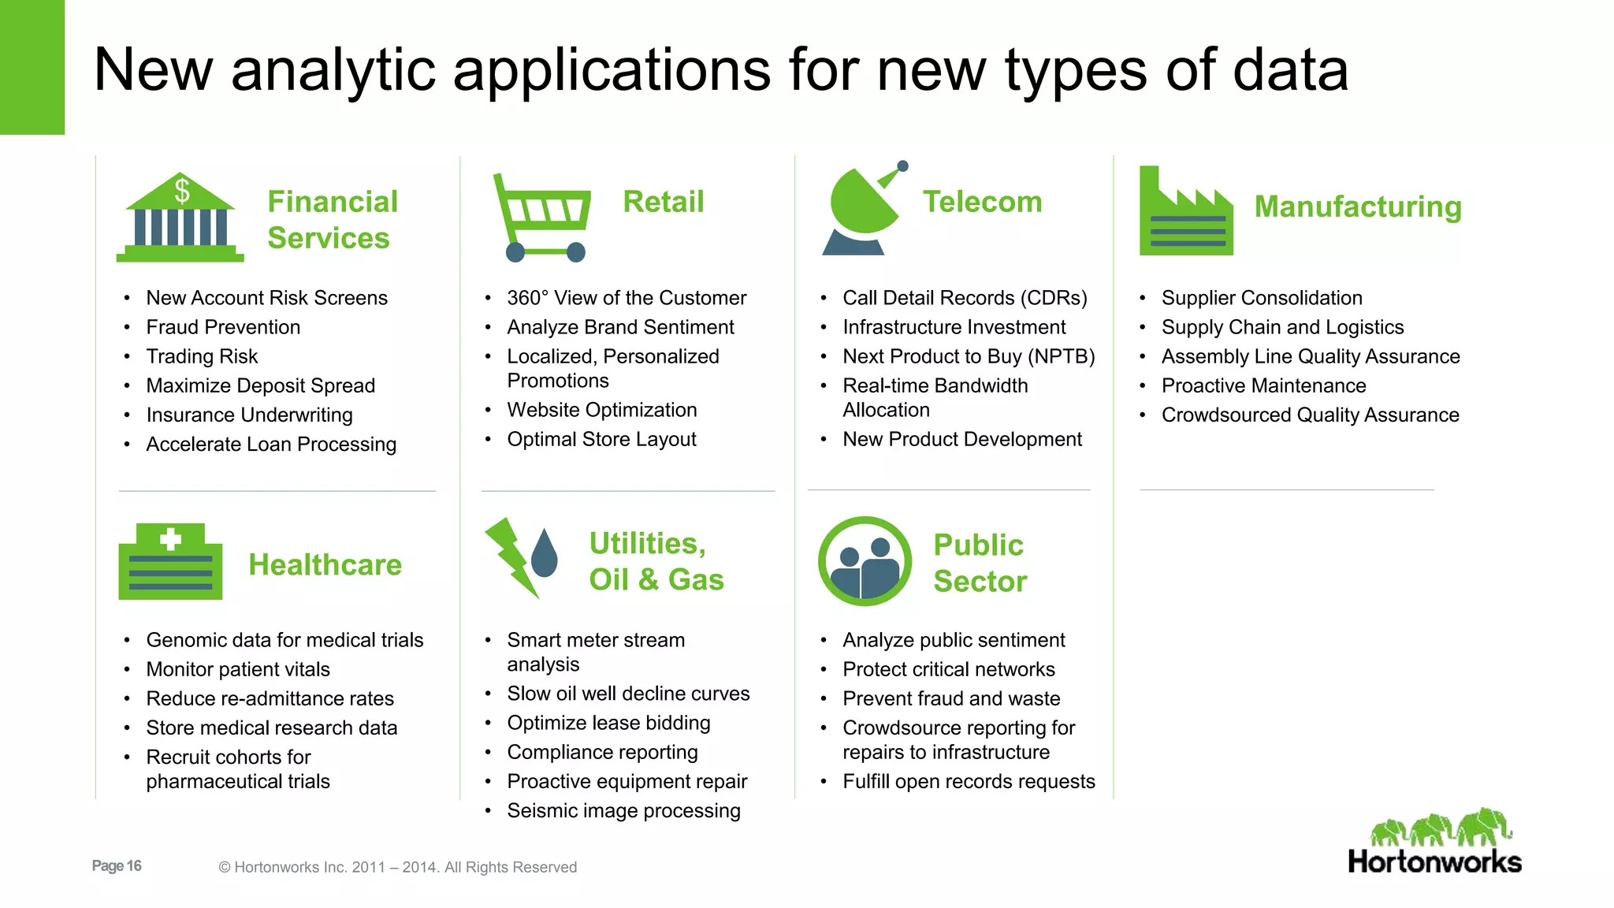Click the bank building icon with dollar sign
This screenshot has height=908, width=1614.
180,218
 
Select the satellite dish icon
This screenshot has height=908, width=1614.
863,210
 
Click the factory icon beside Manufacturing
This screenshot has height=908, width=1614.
1185,213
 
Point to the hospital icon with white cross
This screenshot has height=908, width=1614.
170,562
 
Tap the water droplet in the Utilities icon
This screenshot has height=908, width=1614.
545,553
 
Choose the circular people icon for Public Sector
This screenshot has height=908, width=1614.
865,561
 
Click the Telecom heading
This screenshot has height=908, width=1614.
982,202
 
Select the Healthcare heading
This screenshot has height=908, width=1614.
325,565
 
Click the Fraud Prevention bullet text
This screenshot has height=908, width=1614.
223,327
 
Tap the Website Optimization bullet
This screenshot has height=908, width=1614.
601,410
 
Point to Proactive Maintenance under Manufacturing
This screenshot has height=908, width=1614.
1263,385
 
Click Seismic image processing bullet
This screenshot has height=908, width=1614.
623,810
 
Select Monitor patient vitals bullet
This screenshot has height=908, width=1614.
238,669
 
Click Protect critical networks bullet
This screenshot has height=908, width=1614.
948,669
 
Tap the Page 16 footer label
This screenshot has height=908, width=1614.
117,865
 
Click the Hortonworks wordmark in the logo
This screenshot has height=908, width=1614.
1434,861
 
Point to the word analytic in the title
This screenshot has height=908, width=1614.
333,70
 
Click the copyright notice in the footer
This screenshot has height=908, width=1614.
397,867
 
